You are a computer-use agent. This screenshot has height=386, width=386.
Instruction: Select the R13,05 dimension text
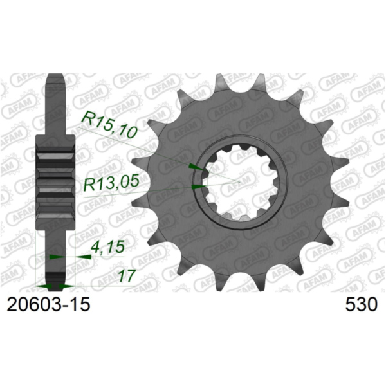pos(112,185)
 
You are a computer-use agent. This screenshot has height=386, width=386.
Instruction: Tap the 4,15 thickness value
pos(103,246)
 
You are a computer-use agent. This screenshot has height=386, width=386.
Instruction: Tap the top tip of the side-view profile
pos(55,75)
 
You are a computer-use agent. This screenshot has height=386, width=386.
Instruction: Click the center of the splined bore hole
pos(241,183)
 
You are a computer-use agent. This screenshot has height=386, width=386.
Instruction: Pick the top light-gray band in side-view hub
pos(55,154)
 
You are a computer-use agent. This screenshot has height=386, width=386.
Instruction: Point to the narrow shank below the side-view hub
pos(55,251)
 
